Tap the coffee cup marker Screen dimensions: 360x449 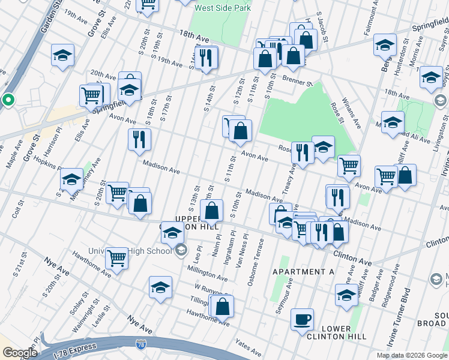pos(302,319)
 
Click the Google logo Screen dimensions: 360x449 pos(20,353)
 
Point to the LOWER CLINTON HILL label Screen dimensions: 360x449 pos(344,332)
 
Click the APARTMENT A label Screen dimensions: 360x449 pos(304,272)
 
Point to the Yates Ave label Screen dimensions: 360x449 pos(249,348)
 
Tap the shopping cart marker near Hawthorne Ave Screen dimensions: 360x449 pos(116,258)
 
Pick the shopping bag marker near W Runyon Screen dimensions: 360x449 pos(222,306)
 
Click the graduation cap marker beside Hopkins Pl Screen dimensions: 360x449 pos(71,179)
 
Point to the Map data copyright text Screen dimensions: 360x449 pos(412,355)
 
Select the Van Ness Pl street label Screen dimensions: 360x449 pos(244,247)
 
